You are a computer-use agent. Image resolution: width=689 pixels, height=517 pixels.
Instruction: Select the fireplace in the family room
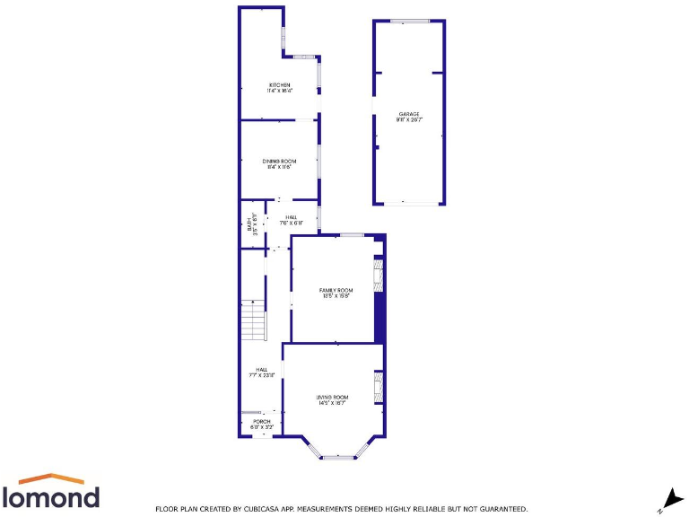coord(378,276)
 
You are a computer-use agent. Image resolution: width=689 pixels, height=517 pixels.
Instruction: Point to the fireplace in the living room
coord(379,387)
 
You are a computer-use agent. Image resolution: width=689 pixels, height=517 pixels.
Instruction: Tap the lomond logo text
coord(51,496)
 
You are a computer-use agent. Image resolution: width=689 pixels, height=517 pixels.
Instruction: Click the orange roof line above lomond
coord(51,478)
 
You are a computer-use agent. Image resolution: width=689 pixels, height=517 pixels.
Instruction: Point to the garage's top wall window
coord(410,21)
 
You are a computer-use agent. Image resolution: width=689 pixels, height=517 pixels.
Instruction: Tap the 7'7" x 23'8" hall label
coord(261,372)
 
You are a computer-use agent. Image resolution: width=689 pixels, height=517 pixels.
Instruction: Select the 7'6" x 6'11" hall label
coord(291,220)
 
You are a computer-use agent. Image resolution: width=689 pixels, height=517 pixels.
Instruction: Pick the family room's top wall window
coord(352,235)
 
